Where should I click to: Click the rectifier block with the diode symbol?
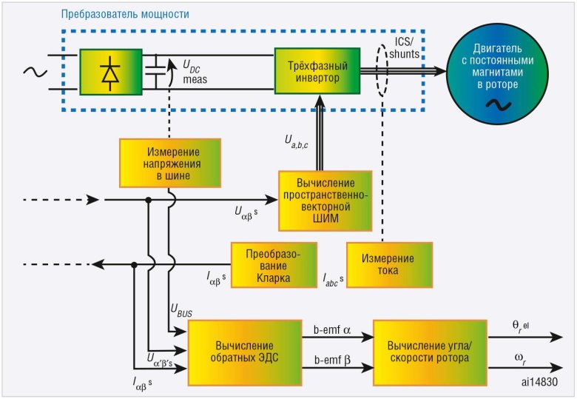111,72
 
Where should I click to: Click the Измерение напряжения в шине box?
161,162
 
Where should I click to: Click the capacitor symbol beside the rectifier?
156,72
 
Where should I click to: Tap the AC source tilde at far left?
33,72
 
